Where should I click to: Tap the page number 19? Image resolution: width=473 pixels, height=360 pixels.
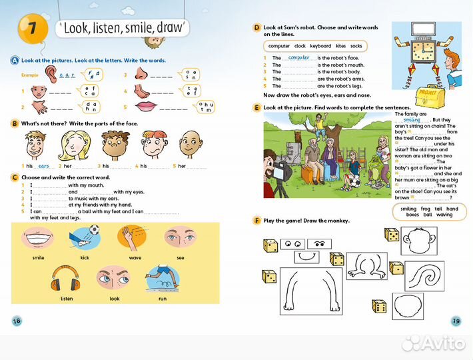(x=456, y=320)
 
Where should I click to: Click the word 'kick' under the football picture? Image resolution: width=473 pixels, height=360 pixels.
(x=85, y=257)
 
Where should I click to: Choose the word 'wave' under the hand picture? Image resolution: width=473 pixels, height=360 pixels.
(x=135, y=257)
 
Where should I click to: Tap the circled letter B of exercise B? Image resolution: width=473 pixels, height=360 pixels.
(x=15, y=123)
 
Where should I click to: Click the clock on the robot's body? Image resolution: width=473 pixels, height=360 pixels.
(x=422, y=50)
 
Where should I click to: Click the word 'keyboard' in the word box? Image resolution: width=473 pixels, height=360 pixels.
(x=320, y=46)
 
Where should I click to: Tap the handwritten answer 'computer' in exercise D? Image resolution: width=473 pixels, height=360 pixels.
(x=299, y=58)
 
